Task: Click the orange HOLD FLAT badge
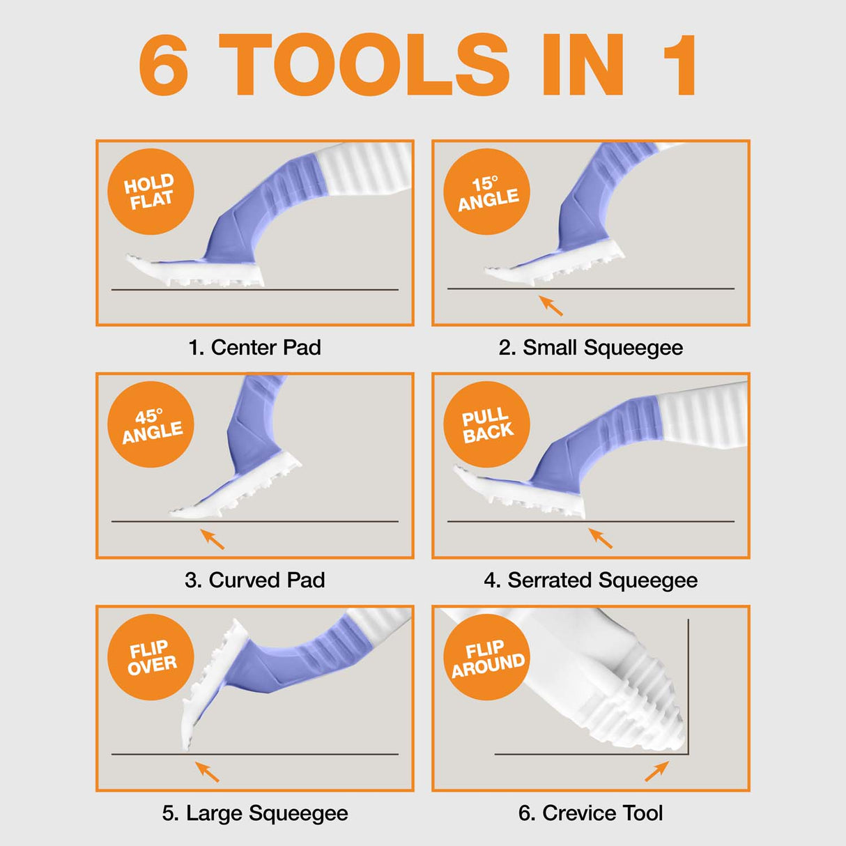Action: pyautogui.click(x=150, y=192)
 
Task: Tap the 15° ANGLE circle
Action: pyautogui.click(x=487, y=192)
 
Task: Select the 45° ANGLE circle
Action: pyautogui.click(x=150, y=424)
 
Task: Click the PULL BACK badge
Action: pyautogui.click(x=487, y=424)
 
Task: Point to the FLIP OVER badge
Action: pyautogui.click(x=150, y=657)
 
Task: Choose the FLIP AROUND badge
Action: pyautogui.click(x=487, y=657)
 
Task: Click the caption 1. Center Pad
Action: pyautogui.click(x=254, y=347)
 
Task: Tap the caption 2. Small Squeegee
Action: pyautogui.click(x=590, y=347)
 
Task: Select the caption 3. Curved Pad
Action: pyautogui.click(x=254, y=580)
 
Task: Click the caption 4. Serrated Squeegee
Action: pyautogui.click(x=590, y=580)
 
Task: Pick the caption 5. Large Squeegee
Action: pyautogui.click(x=254, y=813)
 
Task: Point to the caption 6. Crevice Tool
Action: pyautogui.click(x=590, y=813)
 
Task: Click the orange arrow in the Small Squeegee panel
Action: pyautogui.click(x=551, y=306)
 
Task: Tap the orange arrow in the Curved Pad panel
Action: pyautogui.click(x=213, y=539)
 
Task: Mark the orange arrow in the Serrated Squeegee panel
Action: pyautogui.click(x=601, y=538)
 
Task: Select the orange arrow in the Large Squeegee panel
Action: pyautogui.click(x=207, y=771)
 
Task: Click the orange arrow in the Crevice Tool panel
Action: pyautogui.click(x=656, y=771)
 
